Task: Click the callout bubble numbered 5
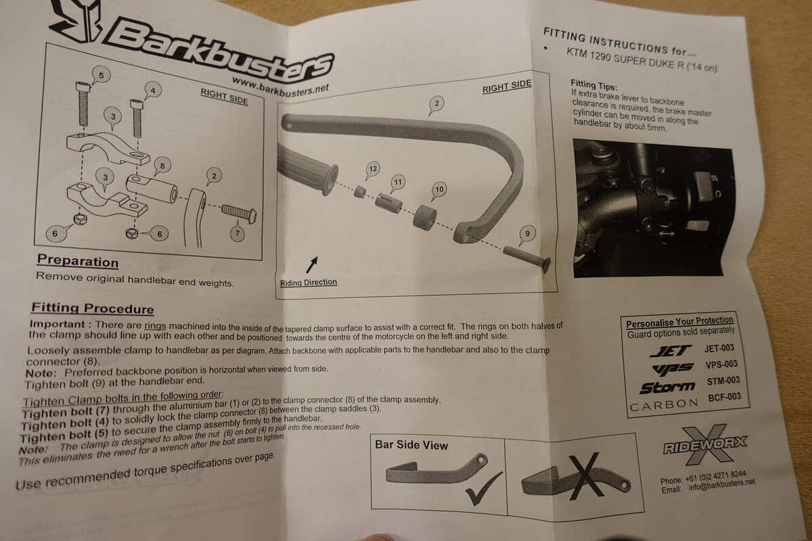coord(101,75)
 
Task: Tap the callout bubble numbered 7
coord(238,233)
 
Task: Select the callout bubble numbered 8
coord(162,166)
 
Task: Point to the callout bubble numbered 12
coord(372,169)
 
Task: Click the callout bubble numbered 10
coord(439,189)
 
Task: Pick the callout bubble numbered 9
coord(527,234)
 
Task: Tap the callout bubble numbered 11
coord(398,183)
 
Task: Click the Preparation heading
coord(78,260)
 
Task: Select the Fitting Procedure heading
coord(93,308)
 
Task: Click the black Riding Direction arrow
coord(312,264)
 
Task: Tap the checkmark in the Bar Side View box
coord(484,488)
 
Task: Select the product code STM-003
coord(723,381)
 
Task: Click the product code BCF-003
coord(725,398)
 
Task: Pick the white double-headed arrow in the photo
coord(667,233)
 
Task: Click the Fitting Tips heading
coord(593,85)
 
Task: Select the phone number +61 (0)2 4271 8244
coord(716,477)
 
